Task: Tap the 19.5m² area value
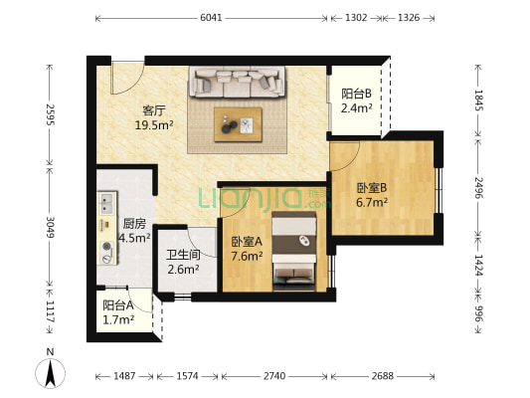tap(155, 124)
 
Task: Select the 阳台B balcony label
tap(355, 95)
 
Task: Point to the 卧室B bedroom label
tap(372, 188)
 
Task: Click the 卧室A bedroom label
tap(247, 242)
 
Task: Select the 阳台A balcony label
tap(117, 305)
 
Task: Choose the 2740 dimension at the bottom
tap(273, 377)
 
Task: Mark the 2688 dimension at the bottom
tap(381, 377)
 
